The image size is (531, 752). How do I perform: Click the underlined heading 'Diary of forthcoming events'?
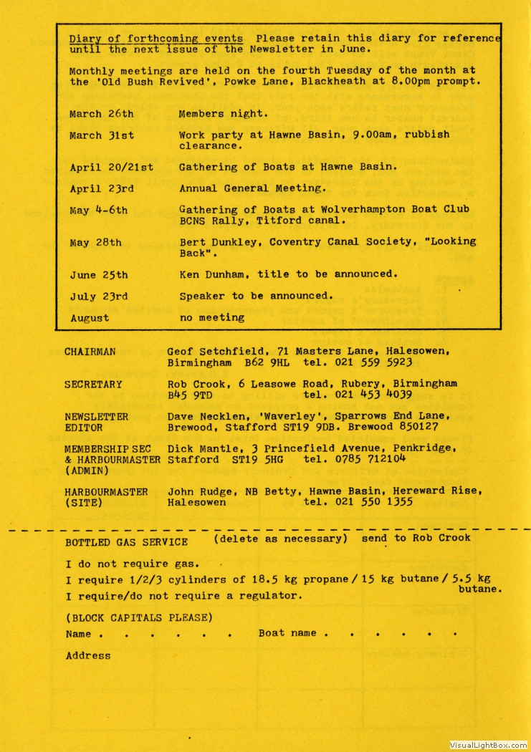click(156, 38)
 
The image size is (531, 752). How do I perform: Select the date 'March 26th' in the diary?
click(101, 114)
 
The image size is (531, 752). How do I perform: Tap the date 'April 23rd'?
click(101, 189)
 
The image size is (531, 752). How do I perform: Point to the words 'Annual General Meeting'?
click(251, 189)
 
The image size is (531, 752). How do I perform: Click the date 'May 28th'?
click(95, 243)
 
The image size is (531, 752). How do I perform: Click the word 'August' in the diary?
click(90, 318)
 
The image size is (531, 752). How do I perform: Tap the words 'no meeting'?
click(211, 318)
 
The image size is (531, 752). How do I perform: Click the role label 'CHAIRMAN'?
click(90, 352)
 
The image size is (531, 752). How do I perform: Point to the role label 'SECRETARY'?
click(93, 385)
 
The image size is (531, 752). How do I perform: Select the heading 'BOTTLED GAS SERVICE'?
click(127, 542)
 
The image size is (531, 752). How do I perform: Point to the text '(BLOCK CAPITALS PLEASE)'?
click(139, 617)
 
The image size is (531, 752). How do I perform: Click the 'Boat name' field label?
click(287, 634)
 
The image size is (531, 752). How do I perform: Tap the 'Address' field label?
click(88, 655)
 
